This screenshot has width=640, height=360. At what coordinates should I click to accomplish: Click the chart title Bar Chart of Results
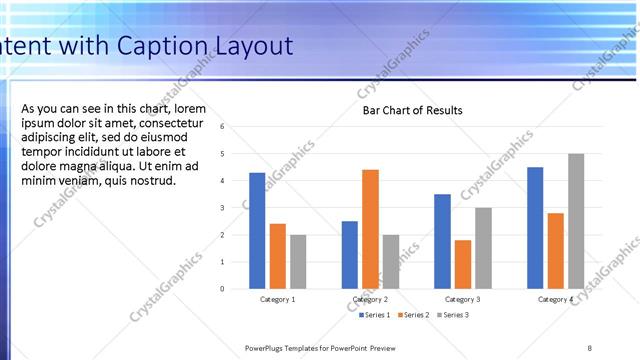tap(412, 110)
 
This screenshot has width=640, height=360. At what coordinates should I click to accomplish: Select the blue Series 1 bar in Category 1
tap(257, 231)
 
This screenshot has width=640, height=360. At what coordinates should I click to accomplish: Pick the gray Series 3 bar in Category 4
tap(576, 221)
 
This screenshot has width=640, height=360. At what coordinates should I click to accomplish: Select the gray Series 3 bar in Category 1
tap(298, 262)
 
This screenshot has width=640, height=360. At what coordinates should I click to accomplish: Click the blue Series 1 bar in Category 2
tap(349, 255)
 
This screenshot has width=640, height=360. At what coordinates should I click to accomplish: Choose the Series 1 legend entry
tap(376, 315)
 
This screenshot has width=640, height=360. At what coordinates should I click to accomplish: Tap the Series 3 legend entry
tap(453, 315)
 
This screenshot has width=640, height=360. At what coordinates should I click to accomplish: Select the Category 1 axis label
tap(277, 299)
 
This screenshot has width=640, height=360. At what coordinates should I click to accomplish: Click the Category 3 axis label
tap(462, 299)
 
